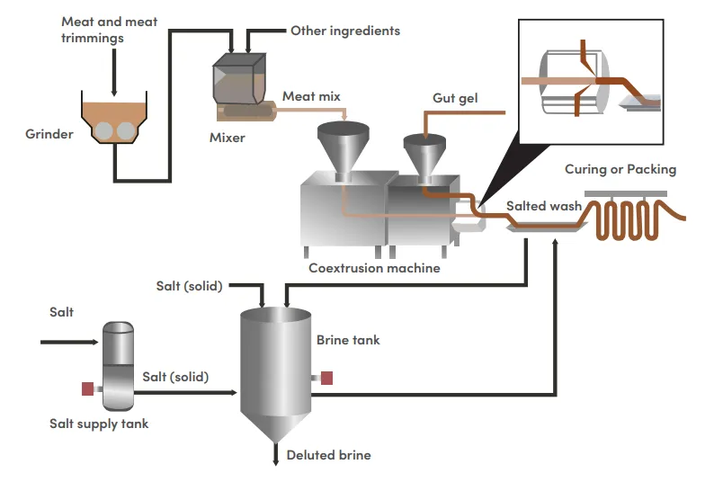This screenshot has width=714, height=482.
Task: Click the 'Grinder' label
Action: [48, 135]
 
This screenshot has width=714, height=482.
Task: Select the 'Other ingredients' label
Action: [344, 31]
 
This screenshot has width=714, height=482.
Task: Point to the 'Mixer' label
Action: [227, 138]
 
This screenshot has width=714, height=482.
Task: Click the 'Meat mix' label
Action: [311, 95]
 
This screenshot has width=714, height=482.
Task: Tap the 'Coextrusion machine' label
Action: [374, 267]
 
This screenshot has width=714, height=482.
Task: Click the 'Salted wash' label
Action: [543, 206]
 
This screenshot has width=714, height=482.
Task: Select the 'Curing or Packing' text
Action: [620, 169]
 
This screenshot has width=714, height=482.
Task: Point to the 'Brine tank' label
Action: [348, 340]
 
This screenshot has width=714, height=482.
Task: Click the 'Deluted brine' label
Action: [328, 455]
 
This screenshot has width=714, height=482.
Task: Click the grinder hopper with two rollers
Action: [114, 122]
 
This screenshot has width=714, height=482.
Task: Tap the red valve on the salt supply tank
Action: [87, 388]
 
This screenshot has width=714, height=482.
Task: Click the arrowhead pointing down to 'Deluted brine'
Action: [276, 459]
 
